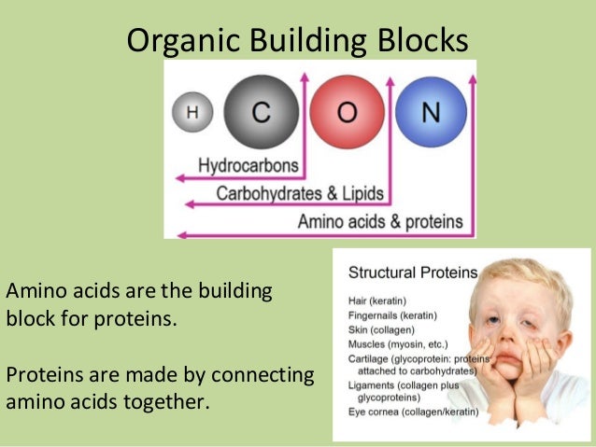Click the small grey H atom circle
click(192, 112)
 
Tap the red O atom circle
click(347, 112)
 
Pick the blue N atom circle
click(430, 112)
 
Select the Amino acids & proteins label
click(379, 222)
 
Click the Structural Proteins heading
click(412, 273)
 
